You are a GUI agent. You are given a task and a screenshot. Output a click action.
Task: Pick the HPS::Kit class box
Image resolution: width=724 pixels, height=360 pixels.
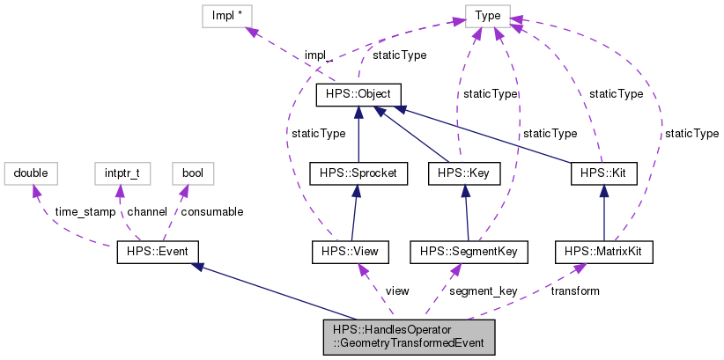coord(603,174)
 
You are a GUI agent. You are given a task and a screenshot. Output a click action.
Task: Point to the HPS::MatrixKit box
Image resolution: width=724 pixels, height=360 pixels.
coord(603,253)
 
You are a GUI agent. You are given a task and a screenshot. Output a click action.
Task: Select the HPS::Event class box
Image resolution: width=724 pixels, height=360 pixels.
coord(158,253)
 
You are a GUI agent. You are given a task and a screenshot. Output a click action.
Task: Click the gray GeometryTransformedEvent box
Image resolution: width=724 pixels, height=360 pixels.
coord(409,336)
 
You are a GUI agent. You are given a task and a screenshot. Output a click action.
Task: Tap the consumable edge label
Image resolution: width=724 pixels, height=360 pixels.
coord(211,212)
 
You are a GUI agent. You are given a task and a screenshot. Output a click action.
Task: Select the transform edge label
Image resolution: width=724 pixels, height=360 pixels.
coord(574,290)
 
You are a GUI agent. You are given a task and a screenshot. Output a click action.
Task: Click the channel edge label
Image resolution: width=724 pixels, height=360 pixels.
coord(146,212)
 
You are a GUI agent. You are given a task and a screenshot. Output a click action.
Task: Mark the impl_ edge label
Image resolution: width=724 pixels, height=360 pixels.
coord(318,55)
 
